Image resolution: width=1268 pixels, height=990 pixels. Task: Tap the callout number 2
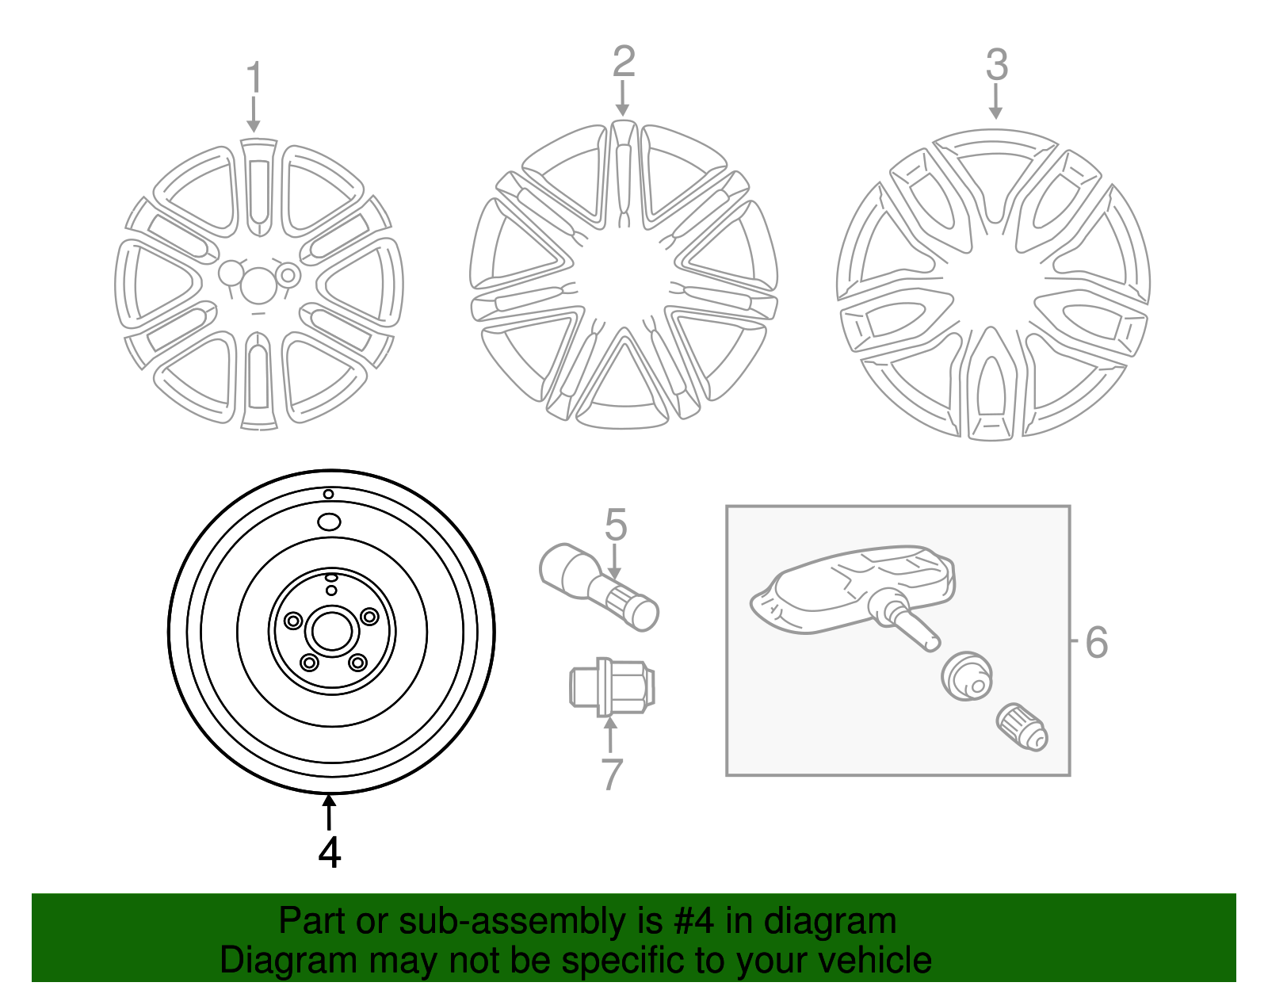click(624, 61)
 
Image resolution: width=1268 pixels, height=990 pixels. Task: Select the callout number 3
click(996, 65)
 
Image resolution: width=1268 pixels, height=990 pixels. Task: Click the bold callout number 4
click(329, 852)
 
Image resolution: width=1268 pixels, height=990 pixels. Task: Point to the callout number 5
click(616, 525)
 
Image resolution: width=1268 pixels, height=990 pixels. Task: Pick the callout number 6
click(1096, 642)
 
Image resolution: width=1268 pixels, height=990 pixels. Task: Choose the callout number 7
click(612, 774)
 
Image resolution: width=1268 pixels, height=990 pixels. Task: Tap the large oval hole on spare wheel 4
click(328, 522)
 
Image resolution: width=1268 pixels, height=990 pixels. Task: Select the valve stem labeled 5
click(598, 587)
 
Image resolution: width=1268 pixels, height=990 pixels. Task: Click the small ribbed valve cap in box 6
click(1022, 726)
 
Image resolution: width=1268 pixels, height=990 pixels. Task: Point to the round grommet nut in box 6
click(967, 676)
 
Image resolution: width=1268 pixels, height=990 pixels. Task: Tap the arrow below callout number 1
click(254, 115)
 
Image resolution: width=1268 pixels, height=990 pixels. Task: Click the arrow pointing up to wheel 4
click(329, 812)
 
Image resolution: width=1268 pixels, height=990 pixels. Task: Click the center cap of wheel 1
click(258, 284)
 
